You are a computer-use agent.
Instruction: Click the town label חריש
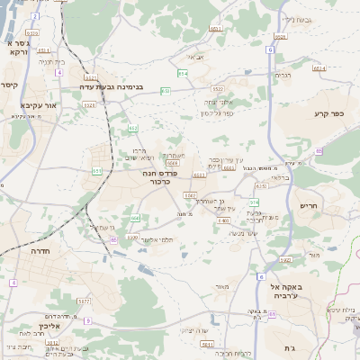309,205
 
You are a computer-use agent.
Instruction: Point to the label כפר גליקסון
216,113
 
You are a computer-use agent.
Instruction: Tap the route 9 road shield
87,319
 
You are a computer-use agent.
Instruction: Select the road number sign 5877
84,301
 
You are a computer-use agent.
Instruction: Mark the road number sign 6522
217,89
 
